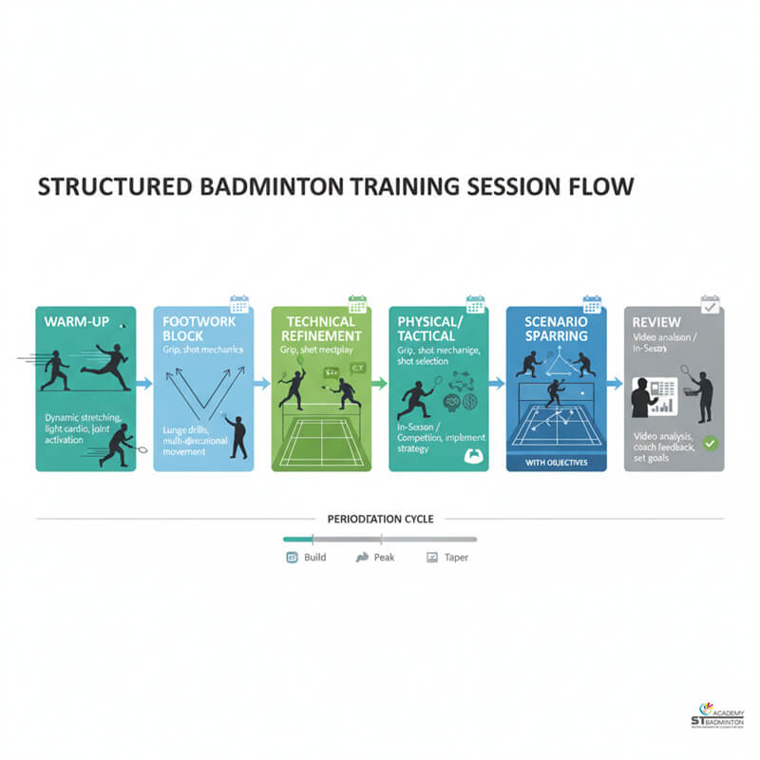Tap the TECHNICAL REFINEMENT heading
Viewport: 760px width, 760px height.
click(x=315, y=330)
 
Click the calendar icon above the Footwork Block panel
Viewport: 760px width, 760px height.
click(x=239, y=304)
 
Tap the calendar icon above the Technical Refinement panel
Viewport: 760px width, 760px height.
click(x=357, y=304)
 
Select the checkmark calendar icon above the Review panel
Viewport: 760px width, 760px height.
click(x=710, y=304)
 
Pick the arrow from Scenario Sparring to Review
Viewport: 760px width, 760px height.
click(x=614, y=384)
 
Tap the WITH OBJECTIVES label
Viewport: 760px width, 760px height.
click(x=552, y=463)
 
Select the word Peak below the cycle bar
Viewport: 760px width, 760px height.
click(x=385, y=558)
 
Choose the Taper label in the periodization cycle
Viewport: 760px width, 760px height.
click(x=455, y=558)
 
